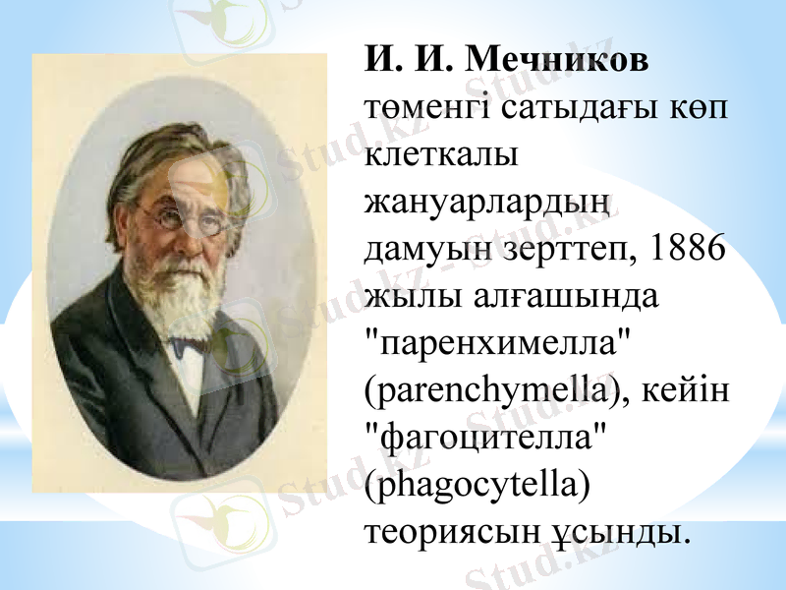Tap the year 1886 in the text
(686, 250)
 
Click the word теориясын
(449, 532)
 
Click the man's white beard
(183, 295)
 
